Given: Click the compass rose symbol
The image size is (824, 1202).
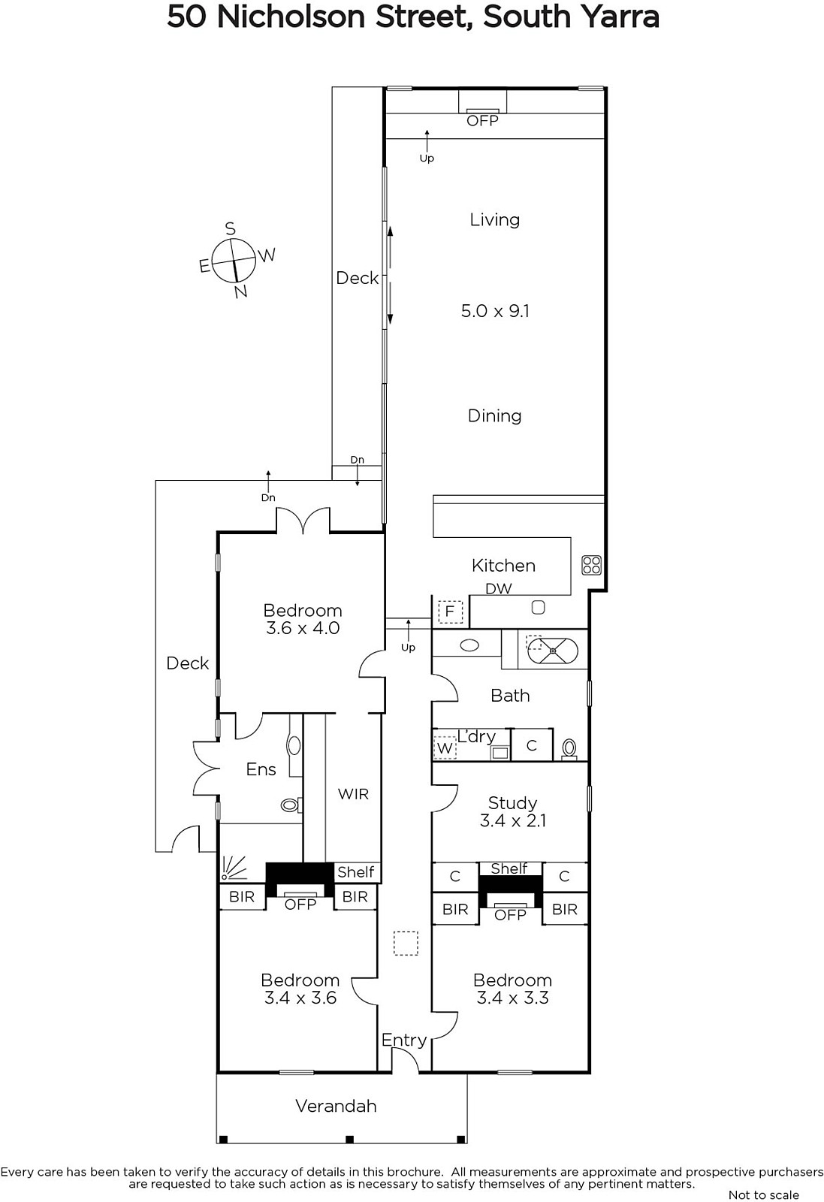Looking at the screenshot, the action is (234, 260).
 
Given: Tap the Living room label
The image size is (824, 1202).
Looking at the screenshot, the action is (494, 220).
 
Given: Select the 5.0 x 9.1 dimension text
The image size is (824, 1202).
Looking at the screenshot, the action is (495, 311).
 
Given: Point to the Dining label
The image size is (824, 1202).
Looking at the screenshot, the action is (494, 416).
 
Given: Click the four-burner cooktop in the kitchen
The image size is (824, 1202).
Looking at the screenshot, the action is (592, 565).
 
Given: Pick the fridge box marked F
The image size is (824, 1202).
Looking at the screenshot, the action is (450, 612).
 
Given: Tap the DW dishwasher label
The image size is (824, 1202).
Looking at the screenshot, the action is (498, 589).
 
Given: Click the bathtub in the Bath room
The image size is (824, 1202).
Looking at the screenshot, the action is (553, 651).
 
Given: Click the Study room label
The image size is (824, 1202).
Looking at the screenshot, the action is (512, 803).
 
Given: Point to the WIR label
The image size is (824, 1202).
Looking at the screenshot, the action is (353, 794).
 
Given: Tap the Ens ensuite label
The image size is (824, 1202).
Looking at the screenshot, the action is (261, 769).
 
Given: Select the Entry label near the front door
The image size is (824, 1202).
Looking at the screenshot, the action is (404, 1040).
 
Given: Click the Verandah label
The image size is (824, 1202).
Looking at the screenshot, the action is (336, 1107).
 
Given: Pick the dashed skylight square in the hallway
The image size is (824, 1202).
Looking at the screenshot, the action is (406, 944).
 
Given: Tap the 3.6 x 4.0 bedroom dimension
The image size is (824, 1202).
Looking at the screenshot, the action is (303, 628).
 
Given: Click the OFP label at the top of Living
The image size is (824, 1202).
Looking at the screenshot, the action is (482, 121).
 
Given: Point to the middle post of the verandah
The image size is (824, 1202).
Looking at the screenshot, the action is (349, 1139).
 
